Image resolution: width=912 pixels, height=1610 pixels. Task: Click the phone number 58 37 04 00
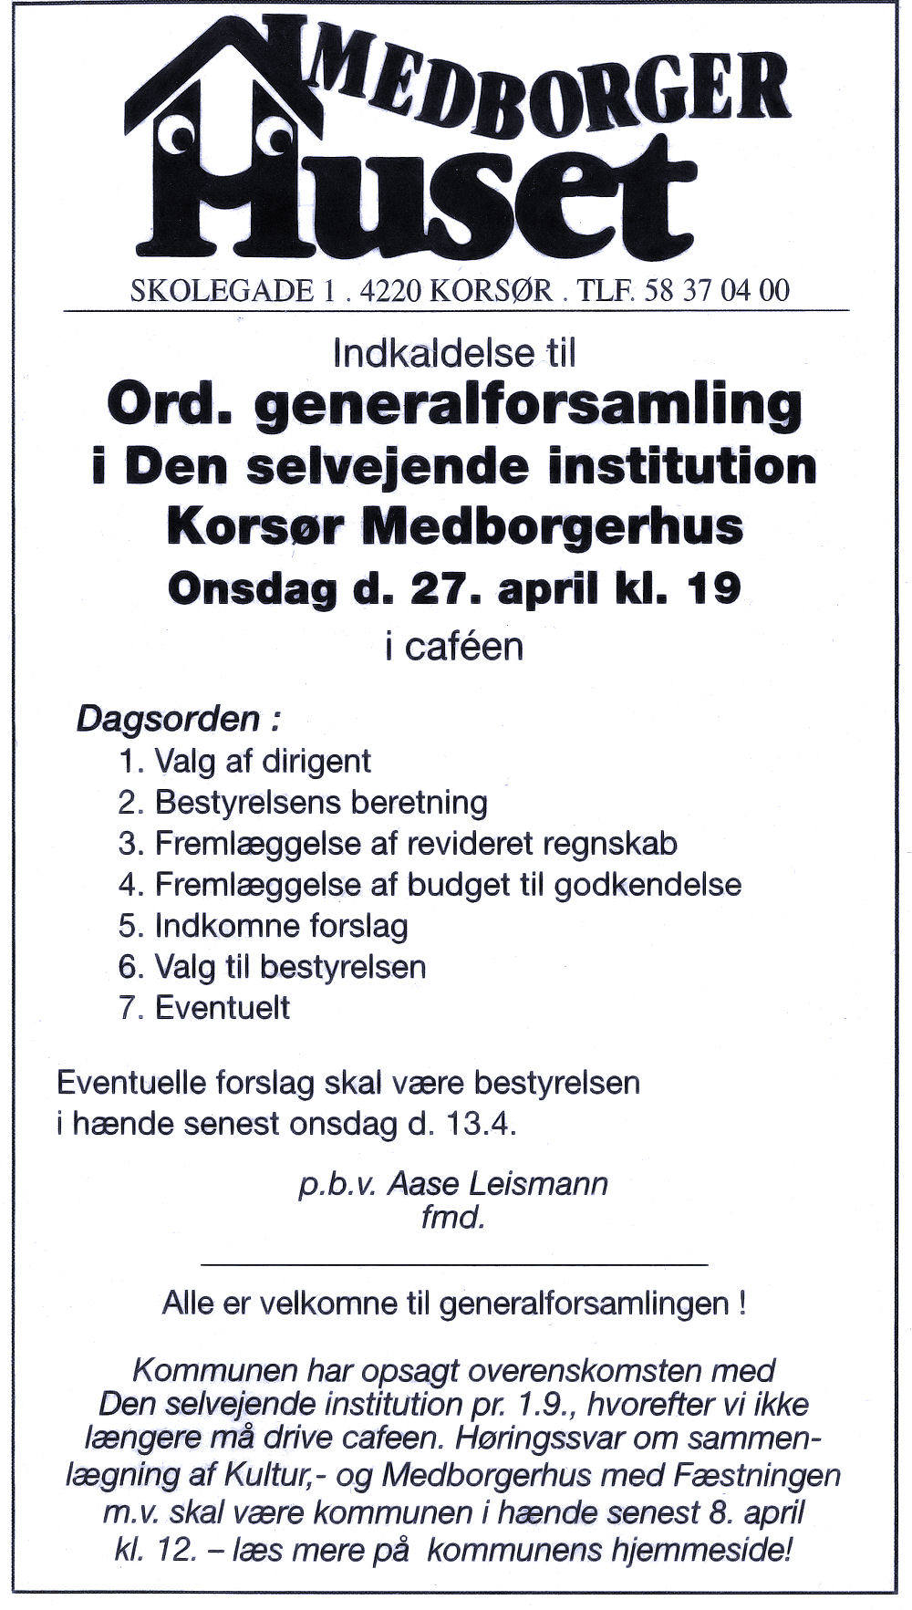716,290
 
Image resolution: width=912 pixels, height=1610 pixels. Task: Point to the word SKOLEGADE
222,290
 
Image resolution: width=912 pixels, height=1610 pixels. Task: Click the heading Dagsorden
168,719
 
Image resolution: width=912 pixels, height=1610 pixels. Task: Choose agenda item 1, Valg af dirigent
244,761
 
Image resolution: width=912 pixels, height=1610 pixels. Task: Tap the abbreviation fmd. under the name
451,1217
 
